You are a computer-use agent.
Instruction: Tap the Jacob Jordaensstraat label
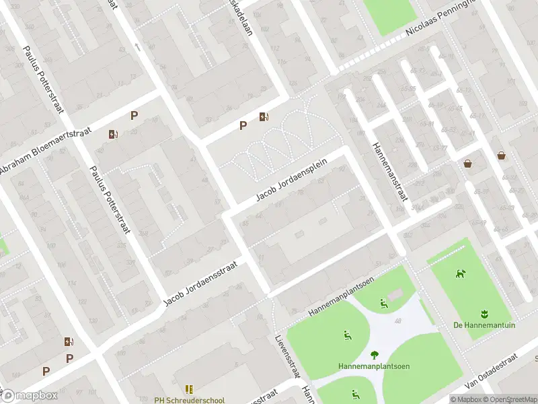tap(201, 283)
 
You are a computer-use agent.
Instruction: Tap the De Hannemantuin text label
tap(484, 325)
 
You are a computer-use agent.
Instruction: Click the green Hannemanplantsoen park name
tap(373, 366)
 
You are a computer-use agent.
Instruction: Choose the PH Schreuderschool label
tap(190, 400)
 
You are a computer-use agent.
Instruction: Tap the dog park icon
tap(461, 273)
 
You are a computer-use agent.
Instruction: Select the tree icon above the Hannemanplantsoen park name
tap(373, 355)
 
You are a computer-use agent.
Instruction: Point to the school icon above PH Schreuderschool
tap(190, 389)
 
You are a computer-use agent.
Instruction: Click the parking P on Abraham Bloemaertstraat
tap(134, 115)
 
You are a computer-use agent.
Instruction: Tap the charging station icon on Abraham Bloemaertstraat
tap(113, 133)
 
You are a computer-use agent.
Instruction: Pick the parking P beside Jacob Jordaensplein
tap(243, 125)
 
